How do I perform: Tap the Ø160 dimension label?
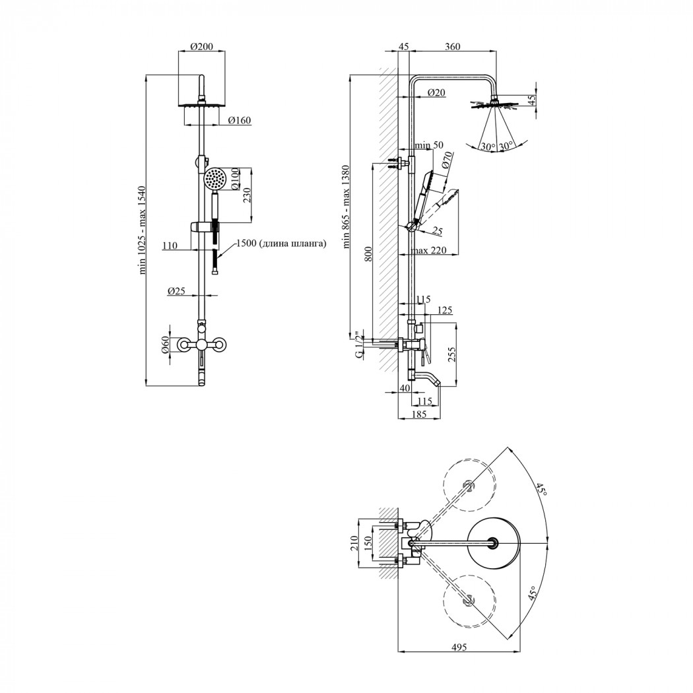238,120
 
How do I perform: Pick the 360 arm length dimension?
451,47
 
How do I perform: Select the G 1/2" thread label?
359,345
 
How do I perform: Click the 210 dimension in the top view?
353,543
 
